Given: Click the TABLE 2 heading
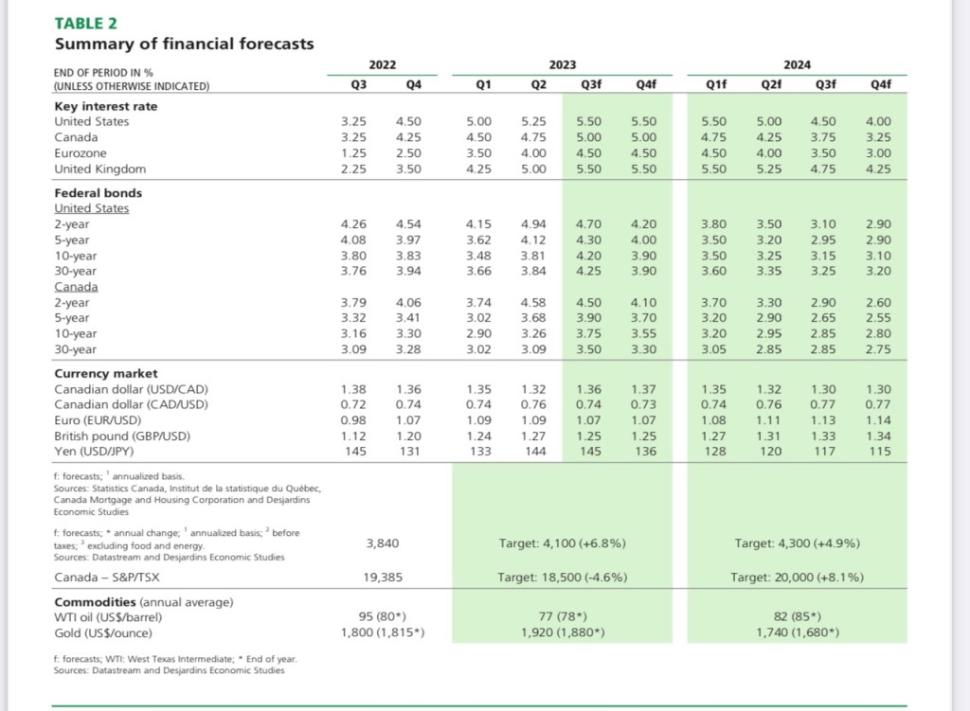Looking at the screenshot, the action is (x=85, y=24).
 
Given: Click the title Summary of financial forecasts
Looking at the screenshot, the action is (x=185, y=44).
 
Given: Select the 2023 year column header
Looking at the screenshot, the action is (x=563, y=65).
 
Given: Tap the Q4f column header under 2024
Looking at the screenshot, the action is (x=880, y=84).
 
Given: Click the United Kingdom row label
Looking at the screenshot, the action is (x=100, y=169).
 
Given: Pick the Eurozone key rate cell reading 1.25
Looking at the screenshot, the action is (x=353, y=153).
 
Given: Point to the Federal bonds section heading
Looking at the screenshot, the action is (x=99, y=193).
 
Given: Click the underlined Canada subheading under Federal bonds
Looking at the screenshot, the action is (x=76, y=287).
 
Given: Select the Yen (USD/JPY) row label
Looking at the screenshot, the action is (x=94, y=452).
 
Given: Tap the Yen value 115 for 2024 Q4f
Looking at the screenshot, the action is (x=879, y=452).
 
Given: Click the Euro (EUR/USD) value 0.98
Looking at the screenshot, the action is (x=353, y=420).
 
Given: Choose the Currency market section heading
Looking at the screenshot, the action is (x=106, y=373).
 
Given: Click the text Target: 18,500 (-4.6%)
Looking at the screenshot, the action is (x=563, y=578).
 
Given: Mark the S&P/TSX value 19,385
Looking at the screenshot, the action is (x=383, y=578).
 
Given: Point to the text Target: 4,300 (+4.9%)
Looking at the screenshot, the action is (x=798, y=543).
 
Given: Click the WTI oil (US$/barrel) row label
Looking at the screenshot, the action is (x=108, y=617).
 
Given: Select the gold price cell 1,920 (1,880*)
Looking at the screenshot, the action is (x=563, y=632).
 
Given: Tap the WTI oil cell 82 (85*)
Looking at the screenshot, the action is (x=798, y=616).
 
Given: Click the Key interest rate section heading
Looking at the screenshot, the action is (x=106, y=106).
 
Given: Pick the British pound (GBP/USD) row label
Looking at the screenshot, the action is (x=122, y=435).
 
